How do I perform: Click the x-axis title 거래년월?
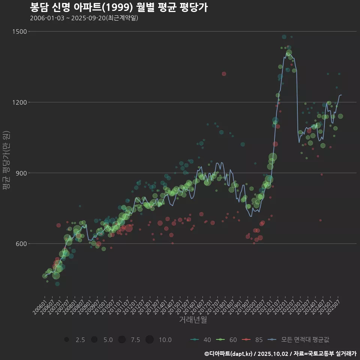point(193,320)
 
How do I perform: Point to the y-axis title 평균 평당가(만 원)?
point(6,161)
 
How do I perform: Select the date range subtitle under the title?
point(84,18)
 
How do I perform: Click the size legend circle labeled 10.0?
point(150,340)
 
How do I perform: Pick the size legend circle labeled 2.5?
point(67,340)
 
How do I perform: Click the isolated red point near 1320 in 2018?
point(224,74)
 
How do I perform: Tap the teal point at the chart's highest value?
point(284,37)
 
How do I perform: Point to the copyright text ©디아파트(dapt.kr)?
point(229,354)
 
